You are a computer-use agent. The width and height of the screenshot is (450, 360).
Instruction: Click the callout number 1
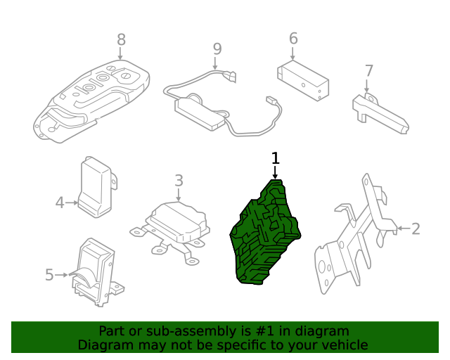pyautogui.click(x=276, y=158)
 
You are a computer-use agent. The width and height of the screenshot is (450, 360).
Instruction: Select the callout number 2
pyautogui.click(x=416, y=229)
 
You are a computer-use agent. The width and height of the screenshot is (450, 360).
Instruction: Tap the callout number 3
pyautogui.click(x=179, y=181)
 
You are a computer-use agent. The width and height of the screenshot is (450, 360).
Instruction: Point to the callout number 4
pyautogui.click(x=60, y=203)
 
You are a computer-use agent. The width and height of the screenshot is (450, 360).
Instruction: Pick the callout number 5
pyautogui.click(x=49, y=275)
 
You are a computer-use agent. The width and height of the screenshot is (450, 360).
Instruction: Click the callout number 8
pyautogui.click(x=121, y=40)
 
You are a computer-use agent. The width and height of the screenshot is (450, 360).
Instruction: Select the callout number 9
pyautogui.click(x=217, y=49)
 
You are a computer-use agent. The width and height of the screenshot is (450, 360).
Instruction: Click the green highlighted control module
pyautogui.click(x=267, y=236)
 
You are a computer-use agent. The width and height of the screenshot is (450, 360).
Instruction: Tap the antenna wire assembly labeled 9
pyautogui.click(x=204, y=109)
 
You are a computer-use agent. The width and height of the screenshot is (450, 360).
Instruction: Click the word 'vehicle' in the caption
pyautogui.click(x=344, y=345)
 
